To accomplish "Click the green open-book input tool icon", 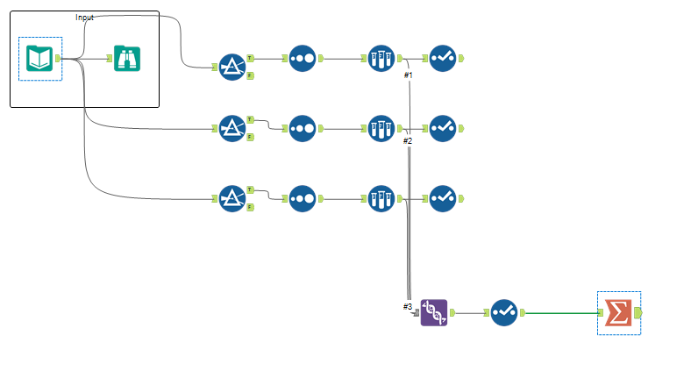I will [x=40, y=59].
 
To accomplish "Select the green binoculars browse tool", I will [x=127, y=59].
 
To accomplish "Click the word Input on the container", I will [x=85, y=18].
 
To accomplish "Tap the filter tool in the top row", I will [x=232, y=67].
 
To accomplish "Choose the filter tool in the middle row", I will [x=232, y=128].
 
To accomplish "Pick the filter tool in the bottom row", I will [x=232, y=198].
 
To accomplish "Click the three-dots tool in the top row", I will [x=303, y=59].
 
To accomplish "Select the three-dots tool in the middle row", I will [x=303, y=128].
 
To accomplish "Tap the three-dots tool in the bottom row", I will [x=303, y=198].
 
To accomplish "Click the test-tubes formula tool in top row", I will [x=381, y=59].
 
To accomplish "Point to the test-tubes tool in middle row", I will [x=381, y=128].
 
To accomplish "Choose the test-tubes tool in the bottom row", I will [x=381, y=198].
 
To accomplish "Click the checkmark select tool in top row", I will [x=443, y=59].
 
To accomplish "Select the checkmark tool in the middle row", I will [x=443, y=128].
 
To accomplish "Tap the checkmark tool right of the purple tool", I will [x=503, y=312].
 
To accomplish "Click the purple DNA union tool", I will [x=434, y=312].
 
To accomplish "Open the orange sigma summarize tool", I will [x=619, y=313].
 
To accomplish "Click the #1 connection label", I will [x=408, y=75].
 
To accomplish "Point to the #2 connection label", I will [x=407, y=141].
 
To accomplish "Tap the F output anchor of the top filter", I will [x=250, y=76].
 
